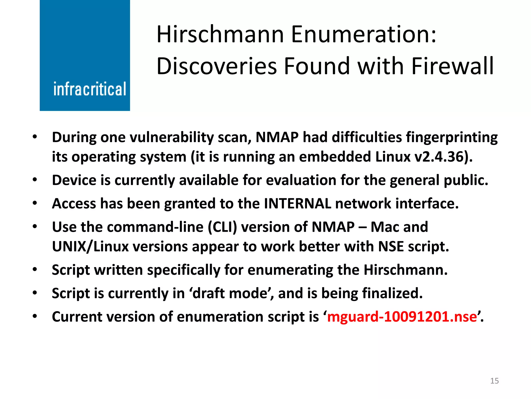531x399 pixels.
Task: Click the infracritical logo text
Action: [x=89, y=89]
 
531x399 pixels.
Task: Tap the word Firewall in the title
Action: [x=452, y=66]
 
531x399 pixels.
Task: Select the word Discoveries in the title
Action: [x=217, y=66]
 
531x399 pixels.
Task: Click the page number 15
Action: [x=494, y=381]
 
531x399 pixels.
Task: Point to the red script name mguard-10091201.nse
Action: [x=402, y=317]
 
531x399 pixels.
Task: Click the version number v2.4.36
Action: [x=441, y=157]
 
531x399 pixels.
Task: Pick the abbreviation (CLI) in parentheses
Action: [x=222, y=227]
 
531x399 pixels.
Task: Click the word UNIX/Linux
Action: [x=90, y=247]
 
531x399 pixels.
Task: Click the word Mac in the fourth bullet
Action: [x=385, y=227]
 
